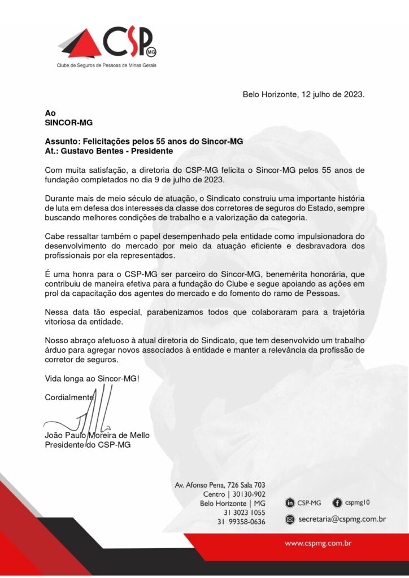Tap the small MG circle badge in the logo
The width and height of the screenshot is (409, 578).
[151, 51]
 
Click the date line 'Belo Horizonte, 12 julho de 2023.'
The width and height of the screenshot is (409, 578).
[303, 94]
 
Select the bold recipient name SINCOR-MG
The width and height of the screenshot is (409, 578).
[68, 122]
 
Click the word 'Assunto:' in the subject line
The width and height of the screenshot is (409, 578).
[63, 142]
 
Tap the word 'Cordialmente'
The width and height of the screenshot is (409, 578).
[68, 397]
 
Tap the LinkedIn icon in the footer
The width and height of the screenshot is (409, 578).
[290, 502]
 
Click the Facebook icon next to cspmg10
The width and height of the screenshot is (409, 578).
[337, 502]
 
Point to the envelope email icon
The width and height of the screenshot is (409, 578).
[290, 519]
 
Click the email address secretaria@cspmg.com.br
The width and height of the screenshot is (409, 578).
[342, 519]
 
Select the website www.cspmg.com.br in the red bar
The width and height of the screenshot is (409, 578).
[319, 544]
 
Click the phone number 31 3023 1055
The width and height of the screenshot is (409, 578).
[244, 513]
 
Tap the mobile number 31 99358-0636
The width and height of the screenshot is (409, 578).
[241, 522]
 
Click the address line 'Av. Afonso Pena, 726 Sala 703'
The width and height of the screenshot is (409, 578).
[220, 485]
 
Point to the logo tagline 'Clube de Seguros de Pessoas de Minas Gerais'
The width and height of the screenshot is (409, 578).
[106, 65]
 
